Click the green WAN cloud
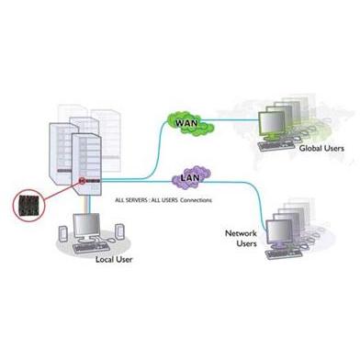tap(190, 123)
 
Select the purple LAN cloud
tap(191, 177)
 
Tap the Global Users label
tap(321, 149)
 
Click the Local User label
tap(114, 260)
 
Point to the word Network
tap(241, 233)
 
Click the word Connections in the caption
tap(196, 200)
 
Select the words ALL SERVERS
tap(131, 200)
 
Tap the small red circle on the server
tap(82, 181)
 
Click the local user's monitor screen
tap(87, 223)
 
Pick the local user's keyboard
tap(91, 247)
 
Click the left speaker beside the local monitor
tap(62, 233)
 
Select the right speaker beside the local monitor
tap(119, 231)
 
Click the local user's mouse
tap(111, 240)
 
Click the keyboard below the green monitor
tap(273, 145)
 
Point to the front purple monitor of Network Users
tap(279, 231)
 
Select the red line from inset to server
tap(61, 192)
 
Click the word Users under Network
tap(246, 243)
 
